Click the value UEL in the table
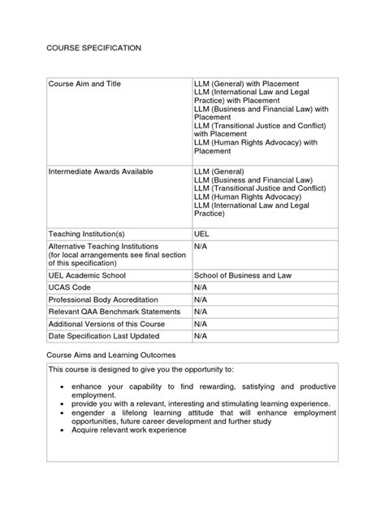tap(202, 232)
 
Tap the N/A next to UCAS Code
tap(201, 287)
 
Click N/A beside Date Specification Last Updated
tap(201, 335)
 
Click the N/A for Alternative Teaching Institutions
tap(201, 245)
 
